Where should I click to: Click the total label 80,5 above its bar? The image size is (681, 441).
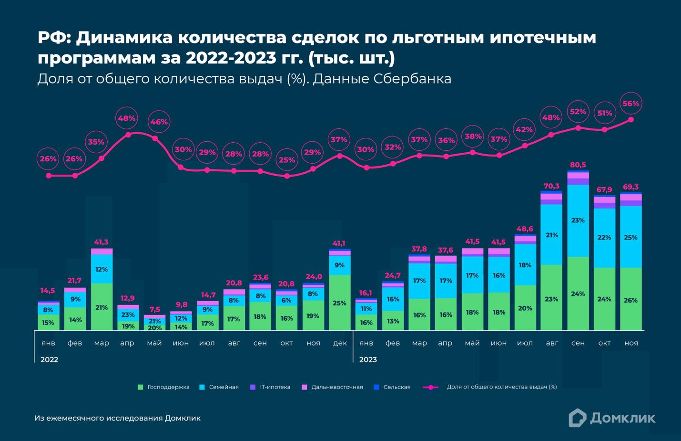coord(578,165)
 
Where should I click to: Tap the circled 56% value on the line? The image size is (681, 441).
coord(631,104)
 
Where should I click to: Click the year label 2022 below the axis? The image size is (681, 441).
coord(49,359)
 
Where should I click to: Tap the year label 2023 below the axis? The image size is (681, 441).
coord(367,359)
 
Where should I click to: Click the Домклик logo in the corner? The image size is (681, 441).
coord(612,418)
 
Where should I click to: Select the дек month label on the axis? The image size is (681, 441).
coord(340,343)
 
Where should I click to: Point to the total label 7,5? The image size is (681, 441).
coord(154,309)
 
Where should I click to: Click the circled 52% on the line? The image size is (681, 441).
coord(578,112)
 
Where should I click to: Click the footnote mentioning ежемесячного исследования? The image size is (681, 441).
coord(117,418)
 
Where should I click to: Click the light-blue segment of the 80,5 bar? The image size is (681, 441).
coord(578,220)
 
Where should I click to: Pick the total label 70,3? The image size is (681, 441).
coord(551,186)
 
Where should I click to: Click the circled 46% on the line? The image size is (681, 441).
coord(159,122)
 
